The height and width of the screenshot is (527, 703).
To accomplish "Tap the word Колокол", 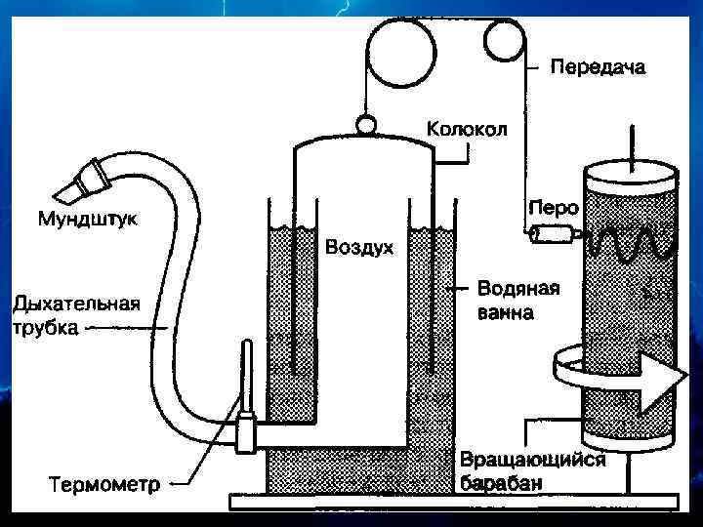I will (467, 129).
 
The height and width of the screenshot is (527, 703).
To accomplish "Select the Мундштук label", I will (88, 218).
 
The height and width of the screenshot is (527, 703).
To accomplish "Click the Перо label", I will (553, 208).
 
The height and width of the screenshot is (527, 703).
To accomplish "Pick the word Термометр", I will (105, 483).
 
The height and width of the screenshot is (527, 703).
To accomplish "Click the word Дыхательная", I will (76, 304).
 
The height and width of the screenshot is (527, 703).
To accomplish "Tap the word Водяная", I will (517, 289).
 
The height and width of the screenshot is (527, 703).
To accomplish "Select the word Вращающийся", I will (532, 460).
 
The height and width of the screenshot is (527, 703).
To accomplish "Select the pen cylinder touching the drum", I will (553, 234).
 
